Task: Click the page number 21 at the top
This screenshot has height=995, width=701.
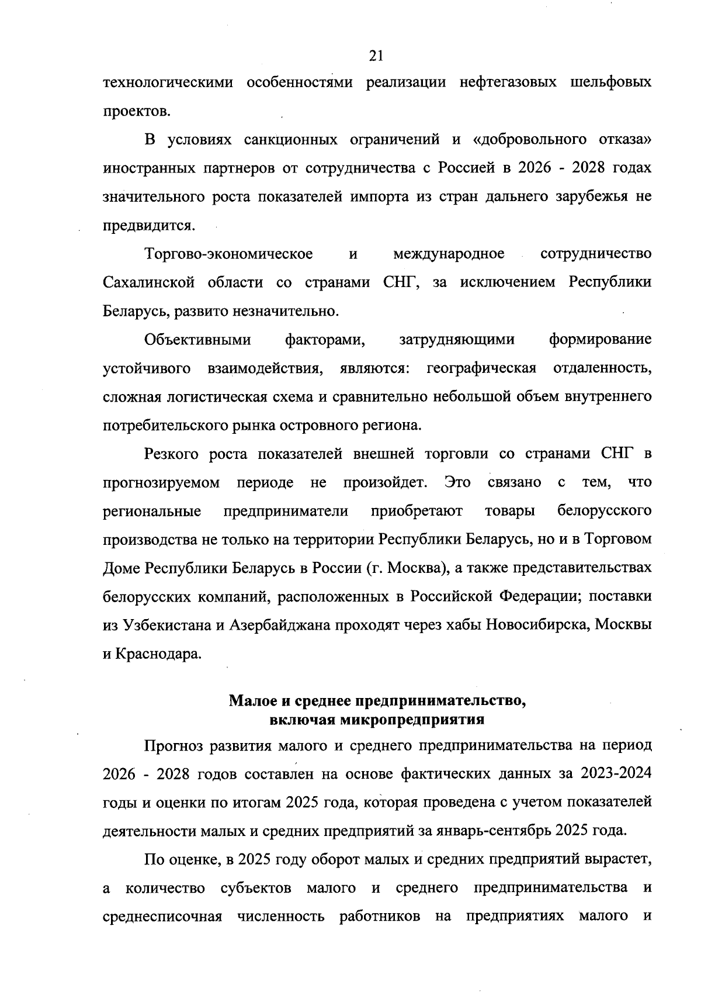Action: pos(376,56)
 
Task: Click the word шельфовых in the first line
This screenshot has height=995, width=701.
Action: pos(610,82)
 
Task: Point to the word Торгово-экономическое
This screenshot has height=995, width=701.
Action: pos(229,254)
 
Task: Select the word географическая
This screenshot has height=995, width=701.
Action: pos(482,368)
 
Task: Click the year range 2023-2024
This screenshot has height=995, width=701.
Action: pos(616,775)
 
